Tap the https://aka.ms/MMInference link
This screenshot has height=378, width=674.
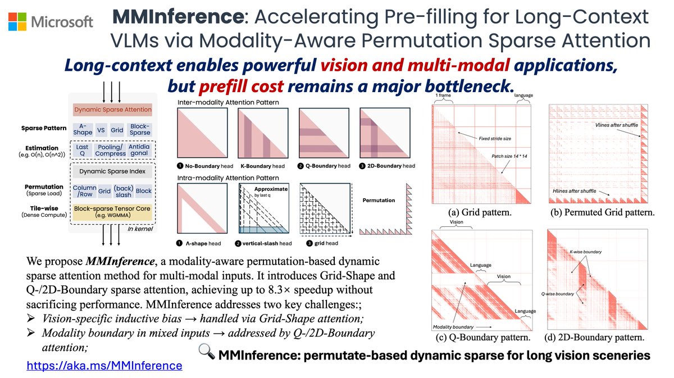(x=104, y=366)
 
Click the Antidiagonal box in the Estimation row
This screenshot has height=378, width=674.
(x=139, y=150)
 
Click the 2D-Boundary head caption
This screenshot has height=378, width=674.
(x=388, y=166)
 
